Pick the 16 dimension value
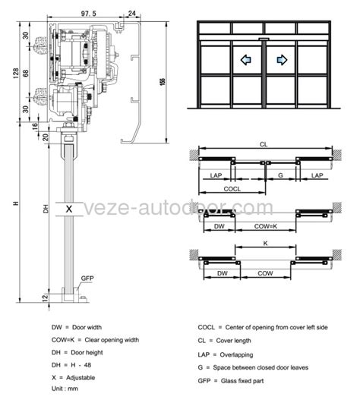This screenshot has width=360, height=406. point(26,126)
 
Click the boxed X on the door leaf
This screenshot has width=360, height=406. point(69,208)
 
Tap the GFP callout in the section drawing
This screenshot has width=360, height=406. point(86,278)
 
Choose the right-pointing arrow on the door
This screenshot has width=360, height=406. point(281,59)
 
